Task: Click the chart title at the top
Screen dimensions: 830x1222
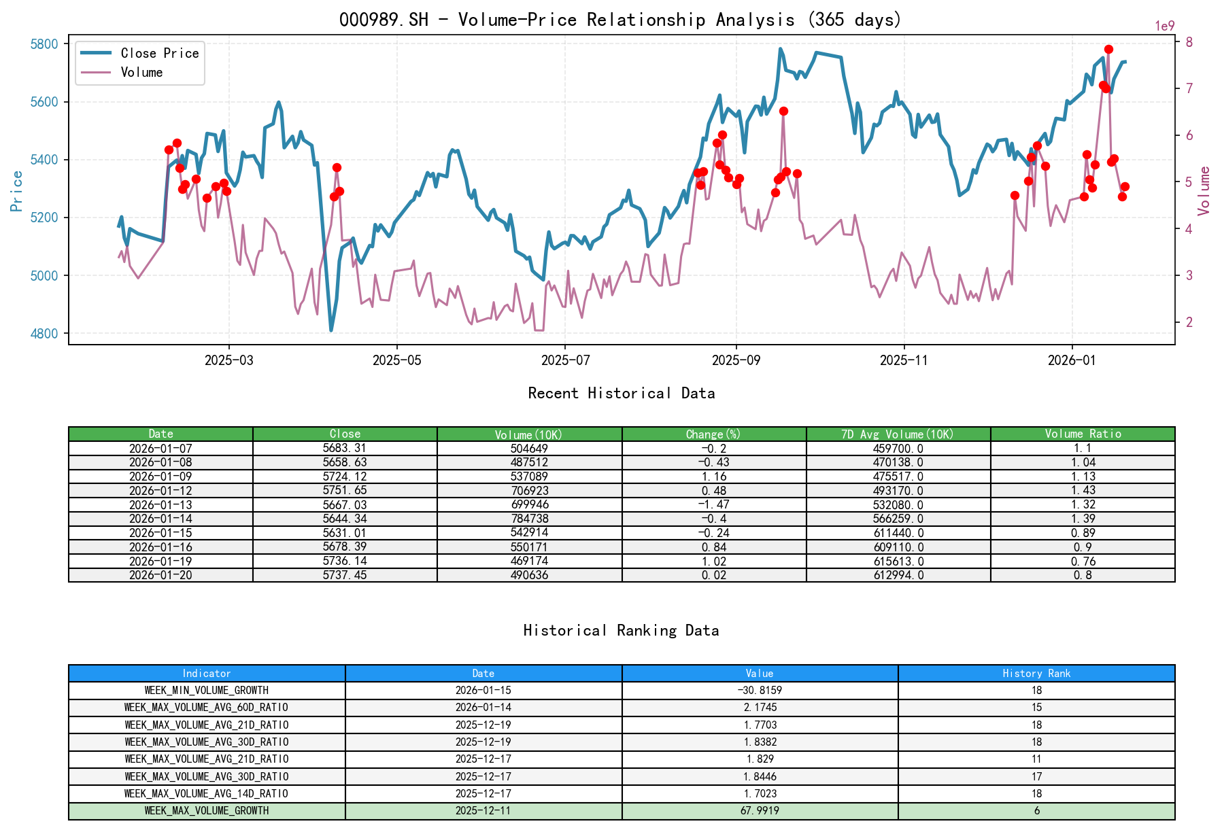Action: point(620,20)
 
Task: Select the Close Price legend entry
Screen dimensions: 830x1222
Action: point(159,53)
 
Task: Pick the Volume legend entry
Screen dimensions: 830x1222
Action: point(141,72)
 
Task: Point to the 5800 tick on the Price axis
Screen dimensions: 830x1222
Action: point(45,44)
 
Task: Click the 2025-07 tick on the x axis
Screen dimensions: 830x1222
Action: point(565,360)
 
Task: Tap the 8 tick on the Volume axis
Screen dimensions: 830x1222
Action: point(1189,42)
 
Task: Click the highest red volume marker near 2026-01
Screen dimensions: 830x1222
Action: point(1108,49)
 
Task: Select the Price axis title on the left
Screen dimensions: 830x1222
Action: point(17,191)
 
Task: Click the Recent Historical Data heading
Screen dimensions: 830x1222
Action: point(622,393)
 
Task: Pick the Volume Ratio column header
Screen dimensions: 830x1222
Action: point(1083,434)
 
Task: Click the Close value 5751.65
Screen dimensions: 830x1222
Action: point(345,490)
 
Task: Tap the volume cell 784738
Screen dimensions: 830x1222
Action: point(529,519)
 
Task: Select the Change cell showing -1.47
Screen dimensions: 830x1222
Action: point(714,504)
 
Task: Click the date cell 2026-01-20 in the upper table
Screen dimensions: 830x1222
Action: point(160,575)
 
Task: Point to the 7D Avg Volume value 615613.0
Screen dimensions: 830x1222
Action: point(898,561)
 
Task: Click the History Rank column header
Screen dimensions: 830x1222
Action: point(1036,673)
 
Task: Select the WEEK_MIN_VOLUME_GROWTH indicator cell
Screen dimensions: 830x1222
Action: point(207,690)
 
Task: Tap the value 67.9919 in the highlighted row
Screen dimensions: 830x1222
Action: point(760,810)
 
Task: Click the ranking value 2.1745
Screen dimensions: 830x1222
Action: point(760,707)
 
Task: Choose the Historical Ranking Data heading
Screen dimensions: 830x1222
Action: point(622,630)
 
